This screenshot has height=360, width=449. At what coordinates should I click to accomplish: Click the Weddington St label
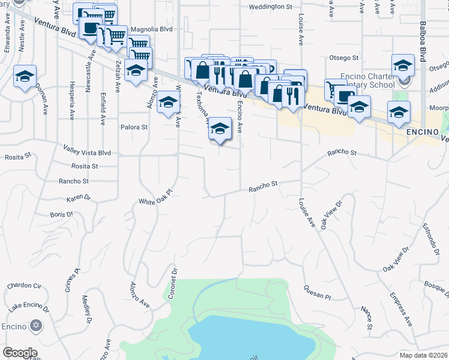pos(270,7)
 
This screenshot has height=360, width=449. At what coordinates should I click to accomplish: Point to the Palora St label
pos(134,127)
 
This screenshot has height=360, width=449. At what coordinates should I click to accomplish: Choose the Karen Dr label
pos(78,197)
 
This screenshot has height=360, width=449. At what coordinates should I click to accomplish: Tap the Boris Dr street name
pos(61,214)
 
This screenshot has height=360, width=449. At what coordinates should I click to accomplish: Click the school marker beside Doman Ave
pos(25,77)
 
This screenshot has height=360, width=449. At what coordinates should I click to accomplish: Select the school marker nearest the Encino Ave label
pos(220,128)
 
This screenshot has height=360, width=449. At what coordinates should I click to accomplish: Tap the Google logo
pos(20,353)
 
